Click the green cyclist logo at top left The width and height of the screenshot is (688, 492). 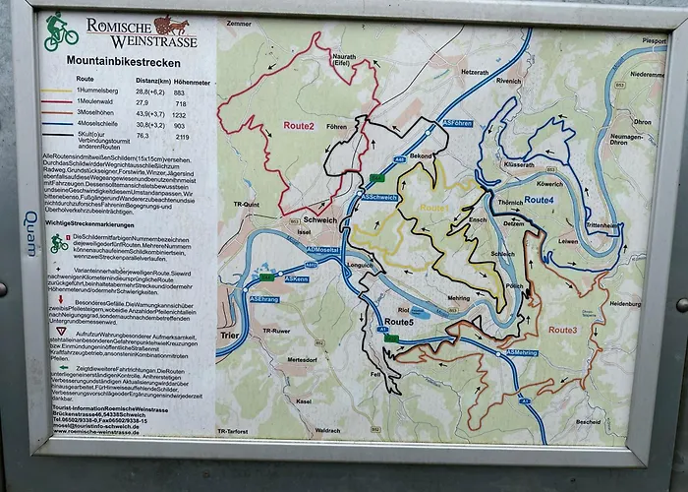pyautogui.click(x=60, y=31)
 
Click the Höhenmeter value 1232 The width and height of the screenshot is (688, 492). pyautogui.click(x=179, y=114)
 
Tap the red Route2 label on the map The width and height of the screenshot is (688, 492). pyautogui.click(x=299, y=126)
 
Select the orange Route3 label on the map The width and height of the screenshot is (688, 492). pyautogui.click(x=562, y=330)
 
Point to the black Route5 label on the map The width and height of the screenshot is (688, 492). pyautogui.click(x=399, y=322)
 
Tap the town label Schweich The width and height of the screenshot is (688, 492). pyautogui.click(x=319, y=219)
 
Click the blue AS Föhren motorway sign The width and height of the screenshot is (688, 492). pyautogui.click(x=457, y=123)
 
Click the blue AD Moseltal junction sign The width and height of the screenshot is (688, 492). pyautogui.click(x=321, y=250)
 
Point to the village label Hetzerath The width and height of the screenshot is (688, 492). pyautogui.click(x=475, y=72)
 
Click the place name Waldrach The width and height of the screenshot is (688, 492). pyautogui.click(x=328, y=430)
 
